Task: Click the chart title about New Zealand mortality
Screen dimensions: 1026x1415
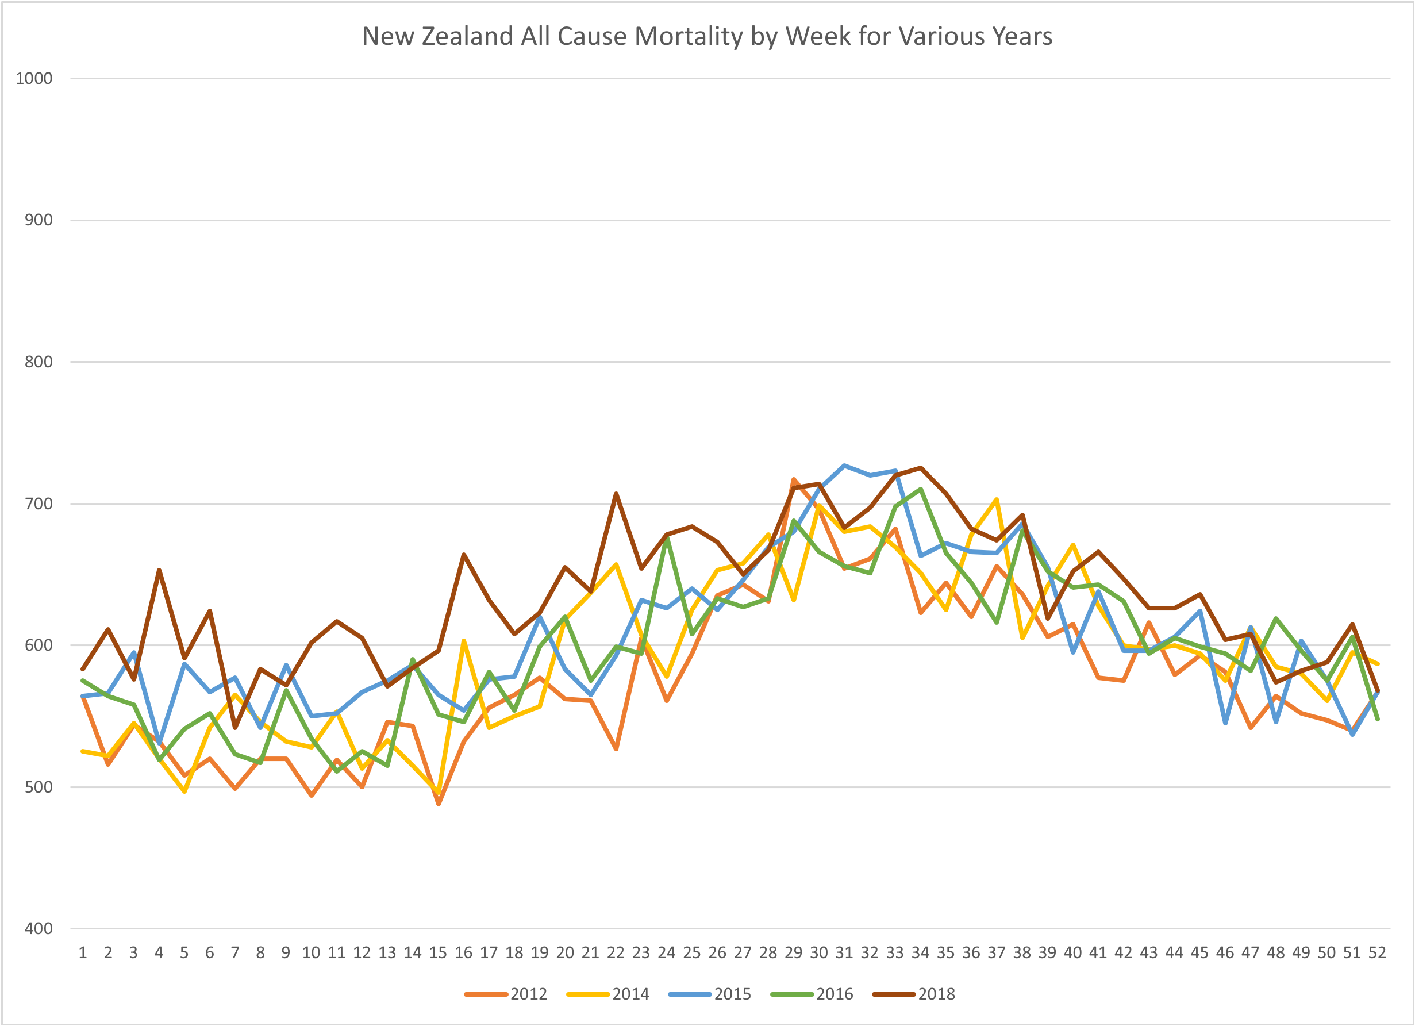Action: coord(707,36)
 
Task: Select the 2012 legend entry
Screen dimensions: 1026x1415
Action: coord(528,994)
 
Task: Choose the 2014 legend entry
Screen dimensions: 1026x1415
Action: coord(630,994)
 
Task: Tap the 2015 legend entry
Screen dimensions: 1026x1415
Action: coord(732,994)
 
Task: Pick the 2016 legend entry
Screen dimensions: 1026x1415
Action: coord(834,994)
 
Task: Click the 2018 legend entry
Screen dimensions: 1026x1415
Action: coord(936,994)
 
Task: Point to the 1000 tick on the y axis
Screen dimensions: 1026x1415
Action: coord(34,79)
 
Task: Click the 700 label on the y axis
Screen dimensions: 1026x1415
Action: coord(38,504)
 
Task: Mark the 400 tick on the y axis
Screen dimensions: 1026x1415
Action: coord(38,928)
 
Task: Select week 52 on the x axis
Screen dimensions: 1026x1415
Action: coord(1377,953)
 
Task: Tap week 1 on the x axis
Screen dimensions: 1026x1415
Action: coord(82,953)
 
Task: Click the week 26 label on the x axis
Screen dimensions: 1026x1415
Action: coord(717,953)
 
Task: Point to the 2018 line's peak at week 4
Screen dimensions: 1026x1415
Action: coord(159,570)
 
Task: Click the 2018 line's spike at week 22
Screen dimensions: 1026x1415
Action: coord(616,494)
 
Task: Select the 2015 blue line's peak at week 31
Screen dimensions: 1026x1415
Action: coord(844,466)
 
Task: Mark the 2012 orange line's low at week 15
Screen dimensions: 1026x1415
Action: coord(439,804)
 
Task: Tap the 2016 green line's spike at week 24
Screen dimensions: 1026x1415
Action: coord(667,538)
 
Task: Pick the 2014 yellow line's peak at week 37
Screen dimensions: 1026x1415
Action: coord(997,499)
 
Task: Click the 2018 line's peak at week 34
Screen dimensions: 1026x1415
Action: coord(920,467)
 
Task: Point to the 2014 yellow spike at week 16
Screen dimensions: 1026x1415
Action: coord(464,641)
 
